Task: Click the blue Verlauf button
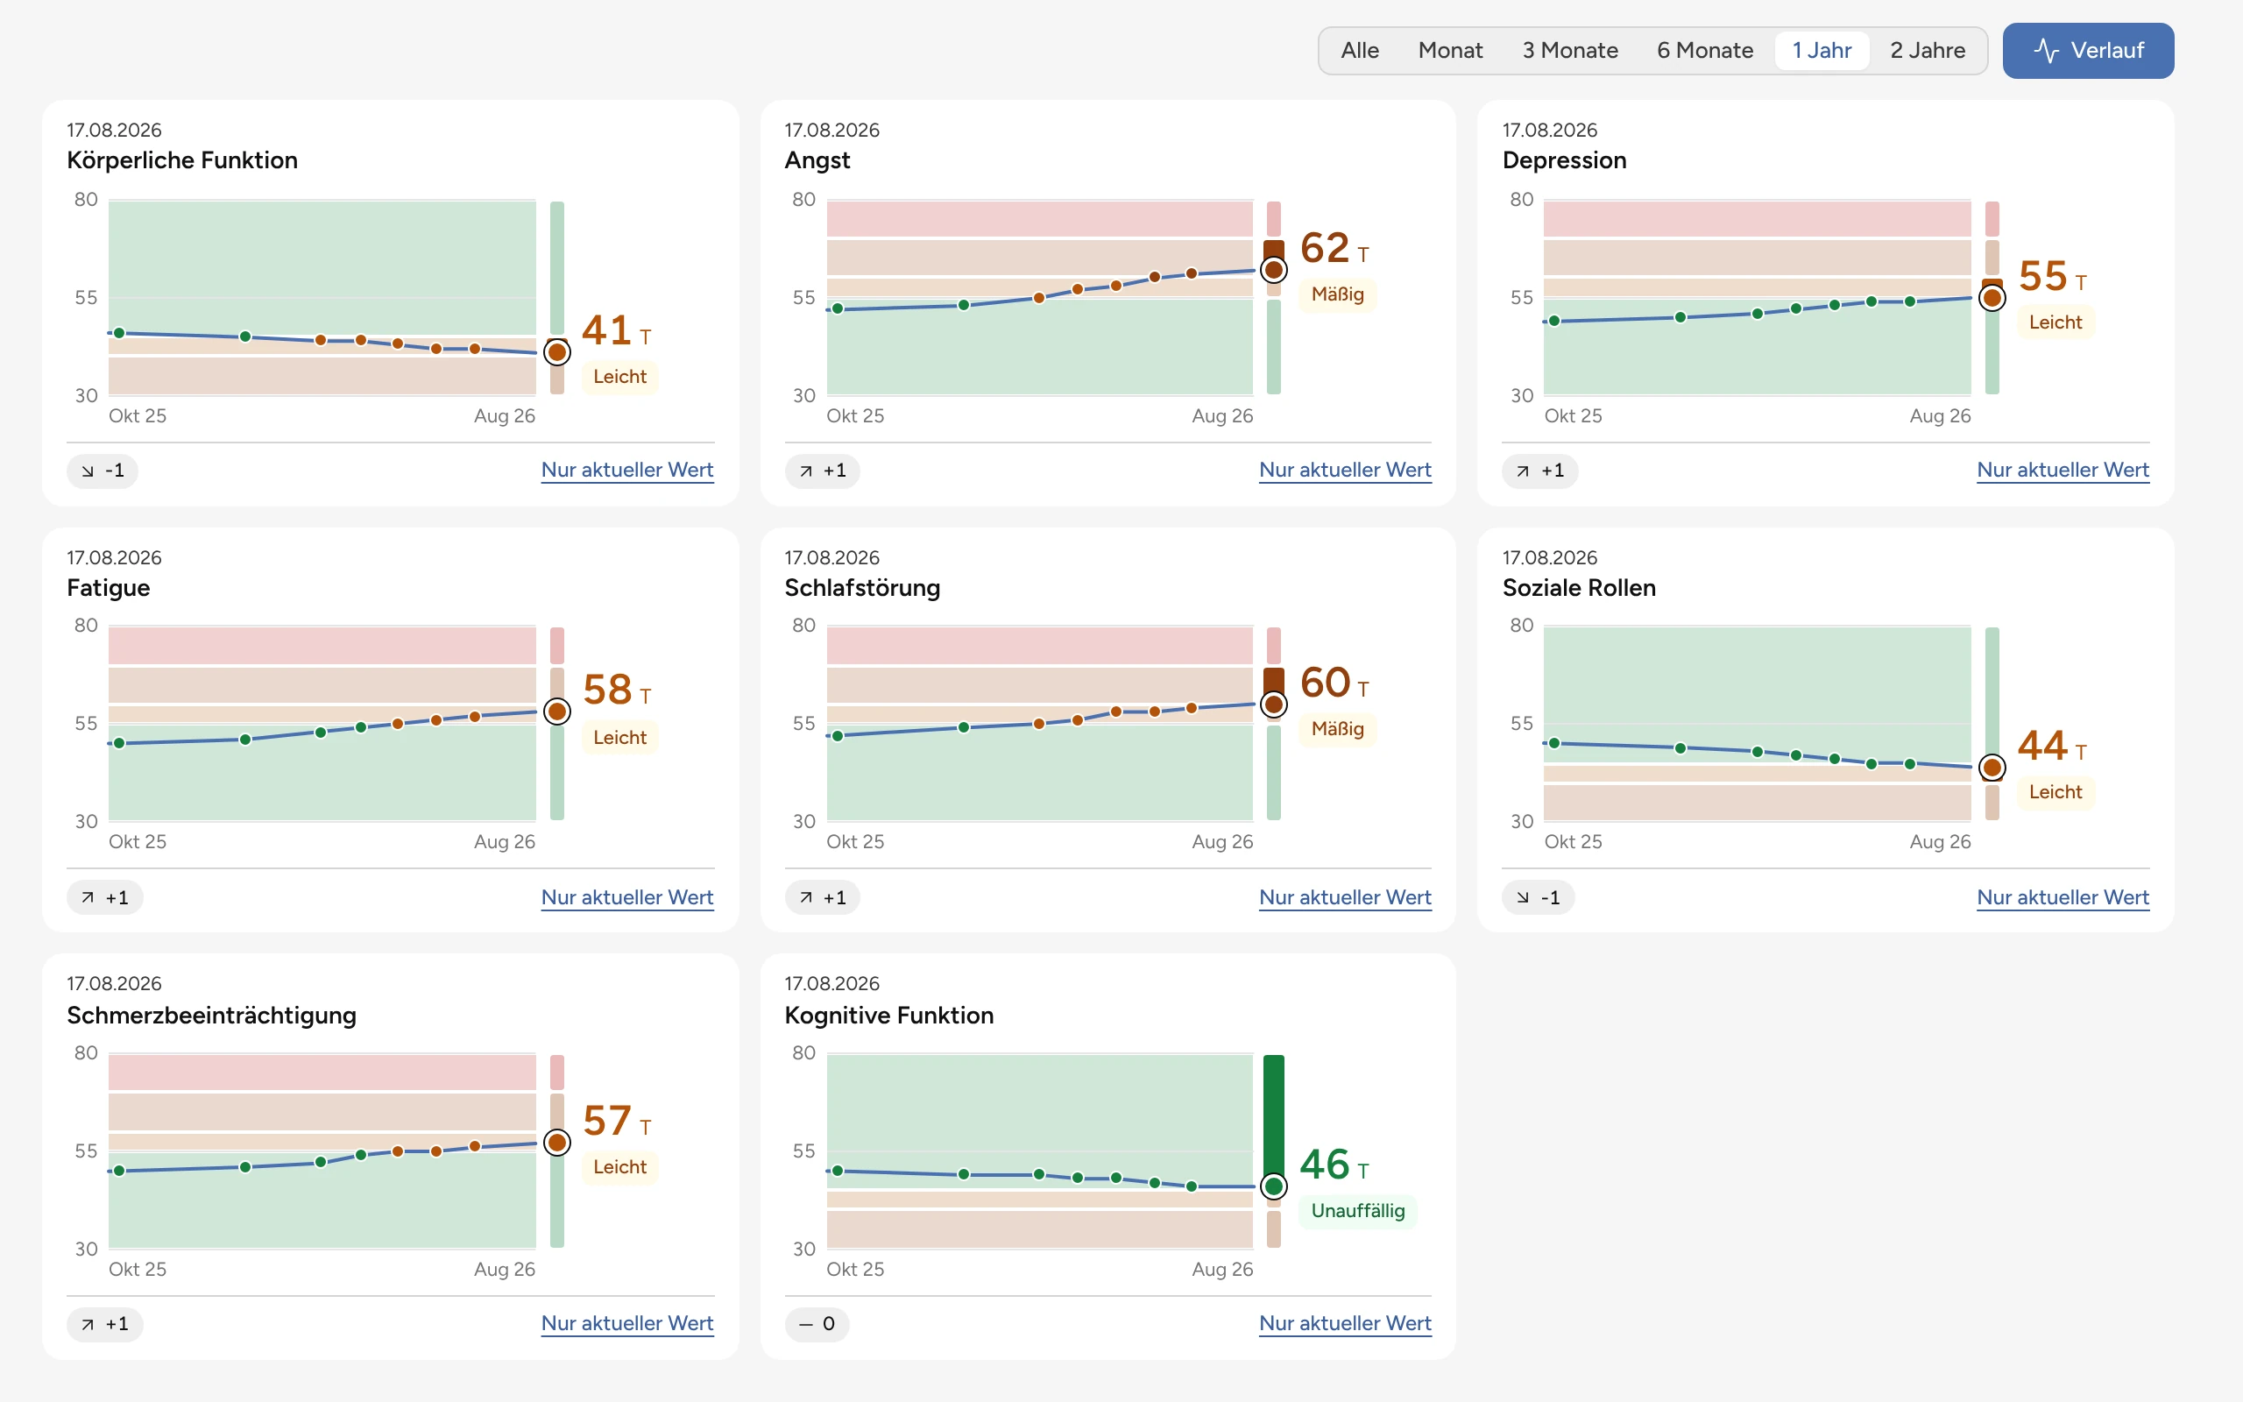(x=2087, y=50)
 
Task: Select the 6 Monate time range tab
(x=1704, y=50)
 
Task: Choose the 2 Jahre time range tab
(x=1927, y=50)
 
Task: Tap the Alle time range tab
(x=1360, y=50)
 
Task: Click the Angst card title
(x=817, y=160)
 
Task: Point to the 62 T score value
(x=1334, y=248)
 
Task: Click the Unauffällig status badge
(x=1358, y=1210)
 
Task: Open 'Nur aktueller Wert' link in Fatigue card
(x=627, y=896)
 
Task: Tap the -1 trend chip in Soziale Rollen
(x=1538, y=896)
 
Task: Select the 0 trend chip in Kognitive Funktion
(x=817, y=1323)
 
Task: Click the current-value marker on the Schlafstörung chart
(x=1273, y=705)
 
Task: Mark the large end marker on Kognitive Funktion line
(x=1273, y=1186)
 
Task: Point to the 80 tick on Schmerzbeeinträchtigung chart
(x=86, y=1052)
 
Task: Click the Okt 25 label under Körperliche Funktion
(x=138, y=415)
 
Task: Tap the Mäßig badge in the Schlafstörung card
(x=1337, y=729)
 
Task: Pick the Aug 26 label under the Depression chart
(x=1940, y=415)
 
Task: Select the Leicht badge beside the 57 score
(x=620, y=1166)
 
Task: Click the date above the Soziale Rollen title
(x=1550, y=557)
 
